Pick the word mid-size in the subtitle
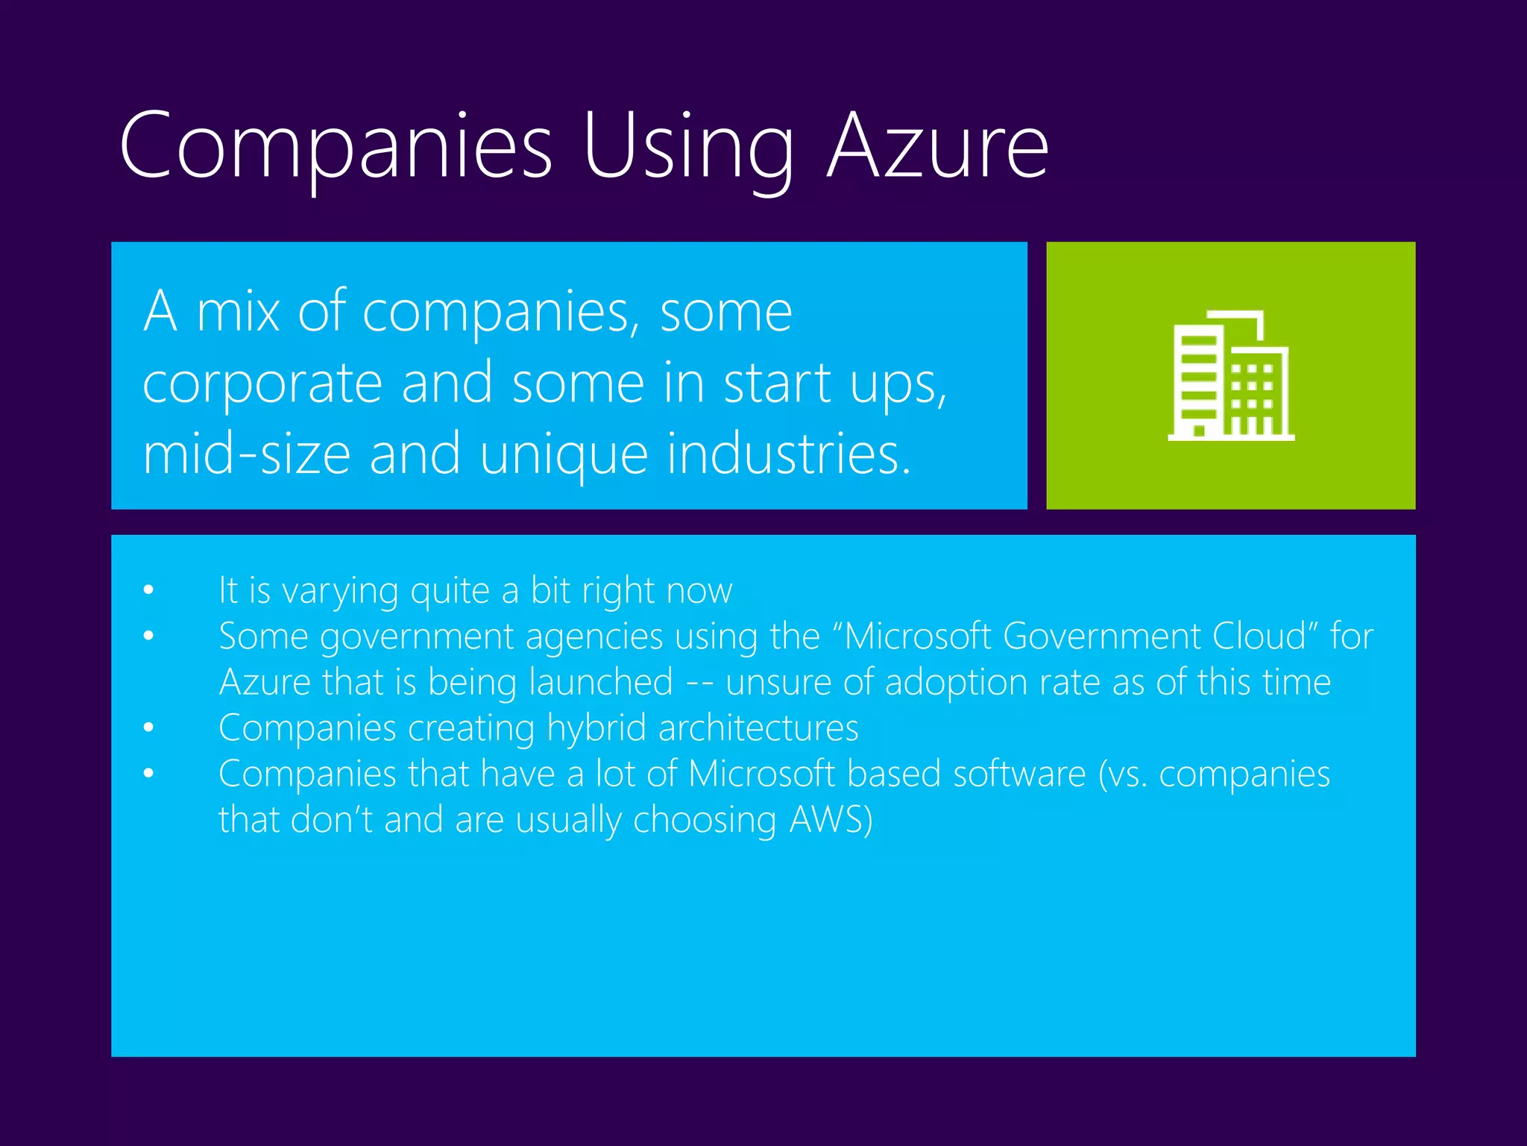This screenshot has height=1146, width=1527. pos(247,455)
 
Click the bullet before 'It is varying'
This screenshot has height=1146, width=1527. pos(149,591)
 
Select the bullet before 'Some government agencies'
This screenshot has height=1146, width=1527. pos(149,636)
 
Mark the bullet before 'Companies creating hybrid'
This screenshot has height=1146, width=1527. pos(149,728)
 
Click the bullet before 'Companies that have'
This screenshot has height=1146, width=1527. pos(149,774)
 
